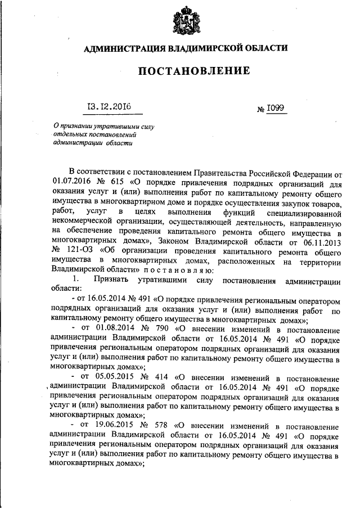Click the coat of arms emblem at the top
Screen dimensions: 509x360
point(184,21)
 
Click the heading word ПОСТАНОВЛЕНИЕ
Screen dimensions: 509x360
point(185,71)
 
